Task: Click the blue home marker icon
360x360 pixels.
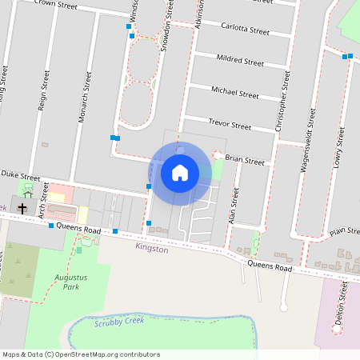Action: point(180,172)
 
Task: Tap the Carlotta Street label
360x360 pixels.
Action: point(245,29)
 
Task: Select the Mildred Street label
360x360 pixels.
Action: point(240,60)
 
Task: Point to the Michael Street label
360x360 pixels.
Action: point(235,92)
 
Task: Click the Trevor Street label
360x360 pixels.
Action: point(230,125)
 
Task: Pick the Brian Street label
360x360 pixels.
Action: point(245,160)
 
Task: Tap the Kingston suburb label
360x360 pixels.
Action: point(152,249)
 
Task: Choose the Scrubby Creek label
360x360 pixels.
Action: point(118,322)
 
